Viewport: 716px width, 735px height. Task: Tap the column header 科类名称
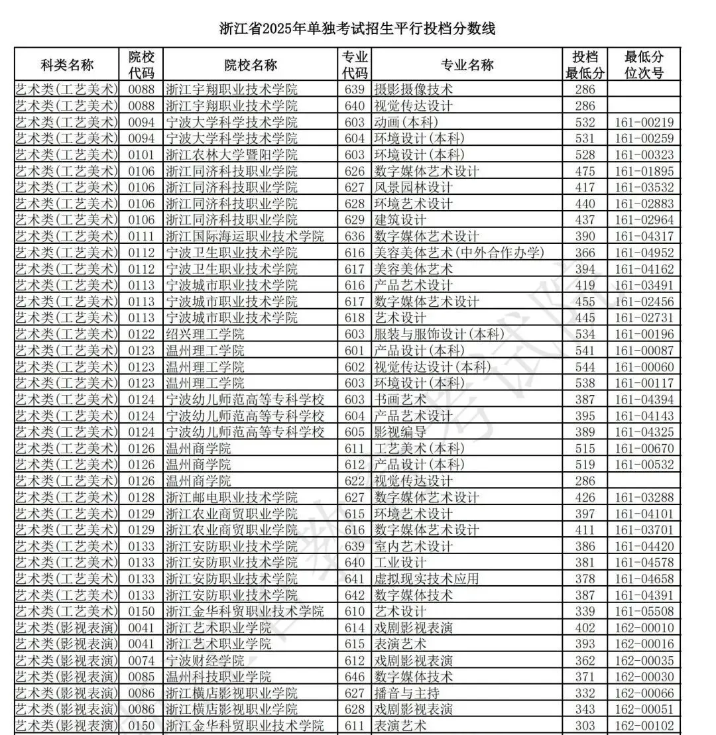(x=67, y=65)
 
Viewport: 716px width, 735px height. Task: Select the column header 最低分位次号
(x=644, y=65)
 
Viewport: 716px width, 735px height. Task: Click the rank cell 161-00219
(x=644, y=122)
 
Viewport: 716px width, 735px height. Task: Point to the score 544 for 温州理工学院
(x=585, y=367)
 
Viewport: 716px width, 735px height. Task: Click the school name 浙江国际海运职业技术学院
(x=244, y=236)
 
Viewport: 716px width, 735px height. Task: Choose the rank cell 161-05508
(x=644, y=611)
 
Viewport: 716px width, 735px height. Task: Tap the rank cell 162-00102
(x=644, y=726)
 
